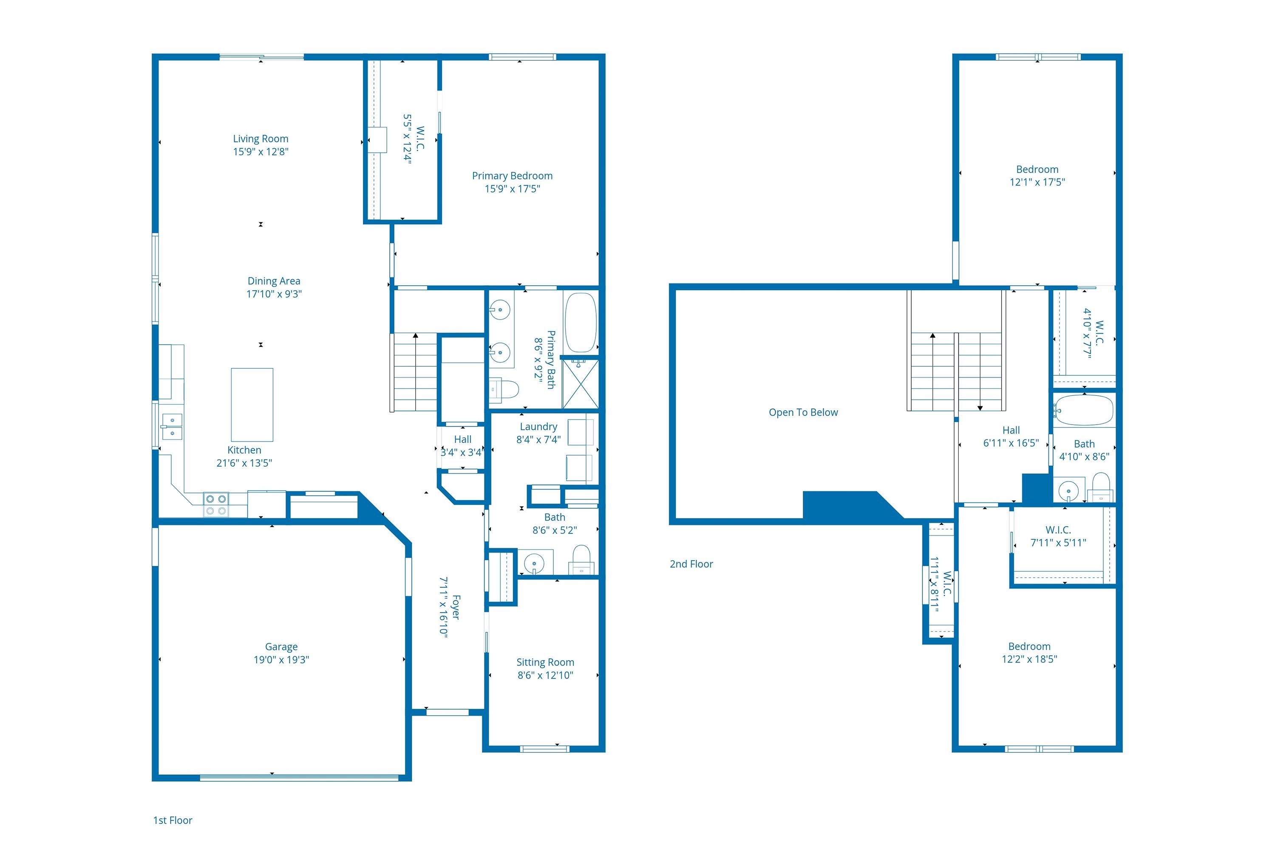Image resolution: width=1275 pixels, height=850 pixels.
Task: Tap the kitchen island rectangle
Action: (252, 405)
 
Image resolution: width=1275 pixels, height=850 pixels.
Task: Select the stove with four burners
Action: (216, 505)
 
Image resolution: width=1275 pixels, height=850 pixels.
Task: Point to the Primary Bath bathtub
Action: (581, 323)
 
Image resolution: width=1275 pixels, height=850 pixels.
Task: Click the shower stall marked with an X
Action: (581, 384)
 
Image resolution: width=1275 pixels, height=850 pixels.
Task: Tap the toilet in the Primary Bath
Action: (505, 389)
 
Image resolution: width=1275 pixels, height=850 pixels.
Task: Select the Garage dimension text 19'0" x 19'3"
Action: (281, 660)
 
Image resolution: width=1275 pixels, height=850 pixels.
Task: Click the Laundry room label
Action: (538, 427)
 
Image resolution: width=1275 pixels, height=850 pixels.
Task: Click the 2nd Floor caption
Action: (691, 564)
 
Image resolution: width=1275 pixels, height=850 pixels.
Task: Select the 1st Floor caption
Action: (173, 820)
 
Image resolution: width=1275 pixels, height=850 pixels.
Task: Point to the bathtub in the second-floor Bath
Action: (1084, 411)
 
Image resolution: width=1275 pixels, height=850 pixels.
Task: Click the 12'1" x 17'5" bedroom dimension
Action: (1037, 182)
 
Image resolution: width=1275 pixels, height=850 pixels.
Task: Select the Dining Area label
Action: (274, 281)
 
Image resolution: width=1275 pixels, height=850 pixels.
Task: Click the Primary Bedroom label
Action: (512, 176)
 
